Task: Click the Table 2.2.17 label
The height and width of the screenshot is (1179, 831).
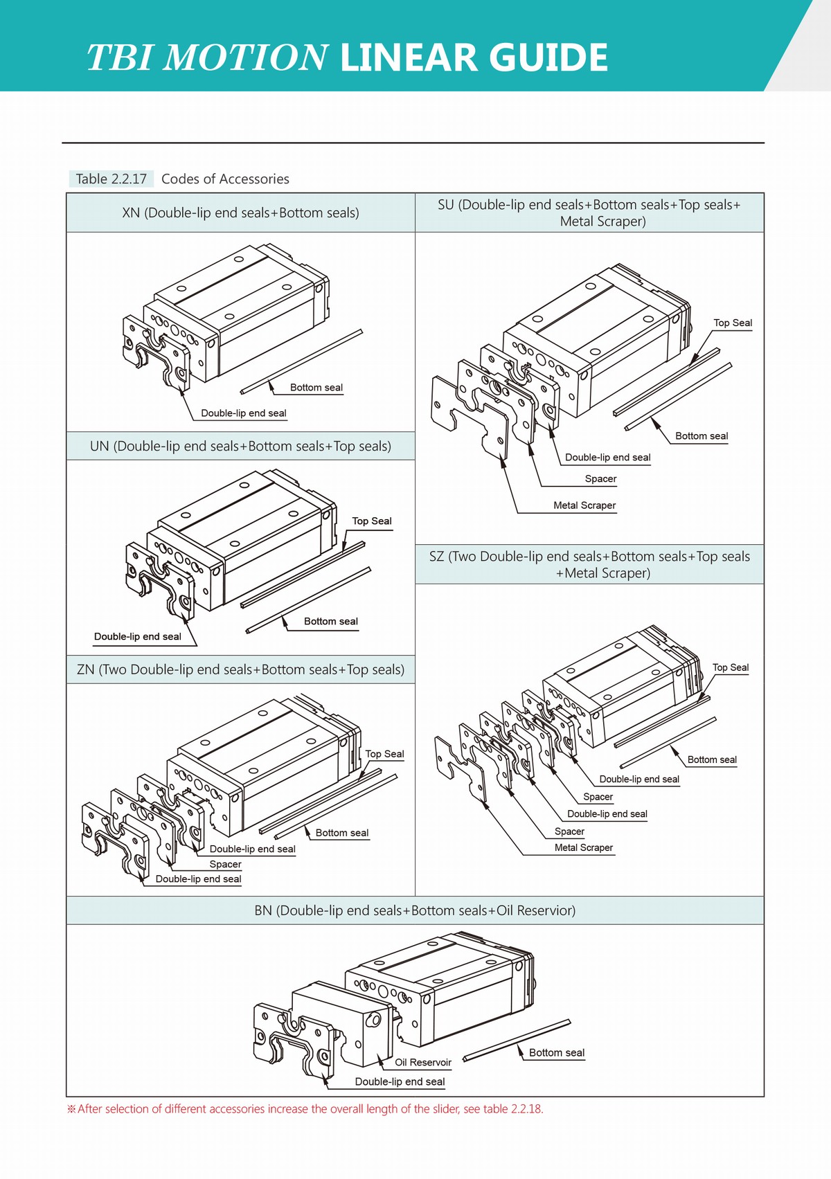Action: pyautogui.click(x=111, y=179)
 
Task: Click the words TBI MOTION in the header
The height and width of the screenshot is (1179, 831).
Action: pyautogui.click(x=206, y=57)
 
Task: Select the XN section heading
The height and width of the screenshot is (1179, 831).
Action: pyautogui.click(x=240, y=213)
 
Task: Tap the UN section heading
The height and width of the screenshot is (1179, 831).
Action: pyautogui.click(x=240, y=447)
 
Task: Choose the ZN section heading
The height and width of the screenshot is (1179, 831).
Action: pyautogui.click(x=240, y=669)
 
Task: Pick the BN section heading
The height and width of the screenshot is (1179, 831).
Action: pyautogui.click(x=415, y=910)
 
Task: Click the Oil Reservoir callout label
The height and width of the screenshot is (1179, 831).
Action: pyautogui.click(x=422, y=1062)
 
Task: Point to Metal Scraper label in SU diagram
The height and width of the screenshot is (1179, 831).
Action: pyautogui.click(x=584, y=505)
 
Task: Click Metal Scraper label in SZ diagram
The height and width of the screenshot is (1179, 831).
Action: pyautogui.click(x=584, y=847)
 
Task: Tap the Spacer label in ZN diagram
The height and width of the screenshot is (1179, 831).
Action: pyautogui.click(x=226, y=864)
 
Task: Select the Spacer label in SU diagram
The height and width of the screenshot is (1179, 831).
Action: pyautogui.click(x=600, y=478)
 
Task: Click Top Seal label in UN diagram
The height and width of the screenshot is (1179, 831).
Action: pyautogui.click(x=372, y=521)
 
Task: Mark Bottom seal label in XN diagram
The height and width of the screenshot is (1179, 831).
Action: pyautogui.click(x=316, y=388)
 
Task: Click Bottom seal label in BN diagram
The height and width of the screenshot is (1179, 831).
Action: pyautogui.click(x=557, y=1052)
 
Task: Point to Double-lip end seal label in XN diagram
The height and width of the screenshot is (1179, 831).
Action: pyautogui.click(x=244, y=413)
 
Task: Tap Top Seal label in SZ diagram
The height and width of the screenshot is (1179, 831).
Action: pyautogui.click(x=731, y=667)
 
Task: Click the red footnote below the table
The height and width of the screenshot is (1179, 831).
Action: pyautogui.click(x=305, y=1108)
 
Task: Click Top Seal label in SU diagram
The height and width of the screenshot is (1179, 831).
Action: pyautogui.click(x=733, y=323)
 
